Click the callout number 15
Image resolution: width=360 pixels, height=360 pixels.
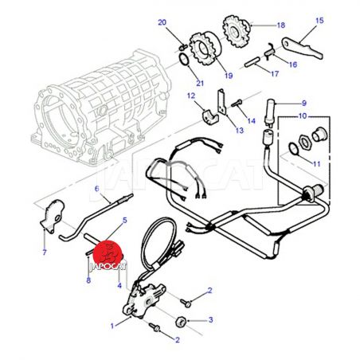(x=319, y=21)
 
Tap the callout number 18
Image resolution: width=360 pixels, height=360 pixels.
(x=281, y=25)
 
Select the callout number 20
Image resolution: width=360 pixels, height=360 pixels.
(x=162, y=22)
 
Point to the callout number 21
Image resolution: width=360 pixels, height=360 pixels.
(x=200, y=83)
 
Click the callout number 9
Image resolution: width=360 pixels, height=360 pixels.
(x=304, y=103)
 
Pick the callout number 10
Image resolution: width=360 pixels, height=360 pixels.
(x=303, y=116)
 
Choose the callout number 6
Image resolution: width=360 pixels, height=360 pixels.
(x=96, y=189)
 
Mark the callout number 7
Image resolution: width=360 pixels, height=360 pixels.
(x=45, y=252)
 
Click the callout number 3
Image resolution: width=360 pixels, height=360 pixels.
(x=210, y=319)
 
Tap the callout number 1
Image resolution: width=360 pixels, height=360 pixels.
(x=112, y=326)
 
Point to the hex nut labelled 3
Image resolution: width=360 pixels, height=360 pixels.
(x=181, y=323)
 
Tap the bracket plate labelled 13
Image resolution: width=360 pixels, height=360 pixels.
(x=221, y=102)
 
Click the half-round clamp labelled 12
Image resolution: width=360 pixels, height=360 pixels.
(x=209, y=116)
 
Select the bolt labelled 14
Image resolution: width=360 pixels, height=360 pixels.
(x=237, y=103)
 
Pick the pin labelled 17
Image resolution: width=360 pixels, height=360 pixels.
(x=252, y=62)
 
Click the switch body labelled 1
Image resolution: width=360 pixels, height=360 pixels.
(x=143, y=299)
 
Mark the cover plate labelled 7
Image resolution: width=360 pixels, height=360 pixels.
(x=53, y=216)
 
